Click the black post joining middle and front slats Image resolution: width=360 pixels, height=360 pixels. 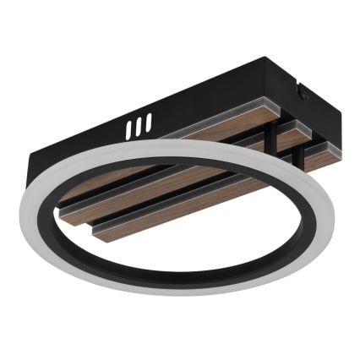[x=297, y=157]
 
